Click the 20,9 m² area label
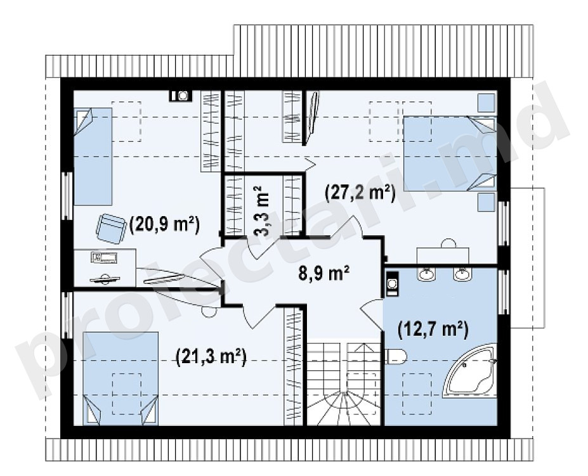(164, 225)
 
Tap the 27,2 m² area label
(360, 194)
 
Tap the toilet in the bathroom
(395, 356)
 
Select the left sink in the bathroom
(427, 274)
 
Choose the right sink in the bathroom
(463, 274)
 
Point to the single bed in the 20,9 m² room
(93, 157)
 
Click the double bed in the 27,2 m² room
(450, 153)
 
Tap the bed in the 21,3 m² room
(120, 378)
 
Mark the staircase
(344, 382)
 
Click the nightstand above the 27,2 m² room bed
(487, 103)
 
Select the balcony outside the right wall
(527, 257)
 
